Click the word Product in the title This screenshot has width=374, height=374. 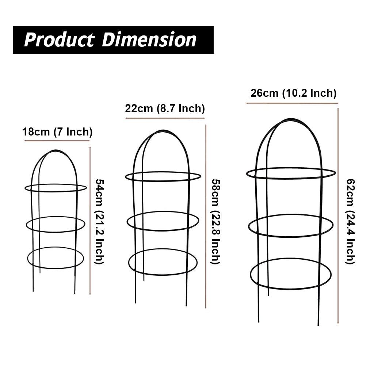59,40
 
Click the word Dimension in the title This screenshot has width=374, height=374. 149,40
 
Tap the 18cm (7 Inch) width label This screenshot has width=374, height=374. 57,132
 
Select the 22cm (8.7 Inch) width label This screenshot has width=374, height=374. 165,109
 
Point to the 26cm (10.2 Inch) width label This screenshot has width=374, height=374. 293,93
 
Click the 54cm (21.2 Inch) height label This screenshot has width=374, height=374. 99,221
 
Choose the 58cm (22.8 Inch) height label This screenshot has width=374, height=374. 215,221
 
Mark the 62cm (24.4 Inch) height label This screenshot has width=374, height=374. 350,221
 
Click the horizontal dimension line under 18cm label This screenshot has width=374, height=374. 57,141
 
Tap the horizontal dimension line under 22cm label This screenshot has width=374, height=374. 165,118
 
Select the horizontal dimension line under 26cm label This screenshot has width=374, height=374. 292,103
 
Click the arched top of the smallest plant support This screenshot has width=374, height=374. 55,150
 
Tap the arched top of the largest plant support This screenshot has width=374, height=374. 290,119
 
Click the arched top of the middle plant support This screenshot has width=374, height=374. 163,131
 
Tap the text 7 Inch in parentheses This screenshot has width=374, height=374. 73,132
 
